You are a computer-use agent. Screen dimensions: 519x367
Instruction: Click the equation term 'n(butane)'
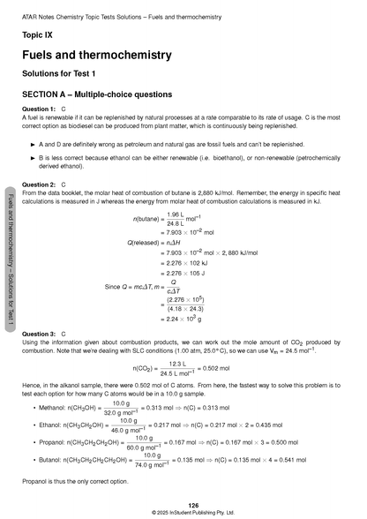(146, 217)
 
